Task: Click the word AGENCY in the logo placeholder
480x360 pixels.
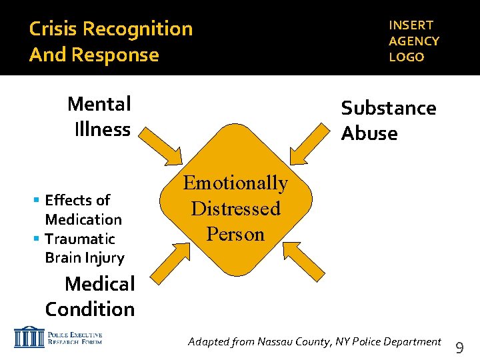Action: pos(414,41)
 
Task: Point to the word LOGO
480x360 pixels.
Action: pos(407,57)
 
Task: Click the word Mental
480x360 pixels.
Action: pos(99,104)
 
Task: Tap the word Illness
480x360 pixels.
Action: pos(103,129)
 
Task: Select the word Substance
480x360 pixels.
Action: pos(389,108)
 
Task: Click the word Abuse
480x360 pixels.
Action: pos(369,133)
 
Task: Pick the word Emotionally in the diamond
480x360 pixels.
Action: pos(235,183)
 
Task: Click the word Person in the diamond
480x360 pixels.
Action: pos(235,234)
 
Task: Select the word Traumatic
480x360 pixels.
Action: pos(80,239)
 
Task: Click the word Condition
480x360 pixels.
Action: pos(90,309)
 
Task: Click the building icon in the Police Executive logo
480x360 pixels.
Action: pos(28,337)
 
